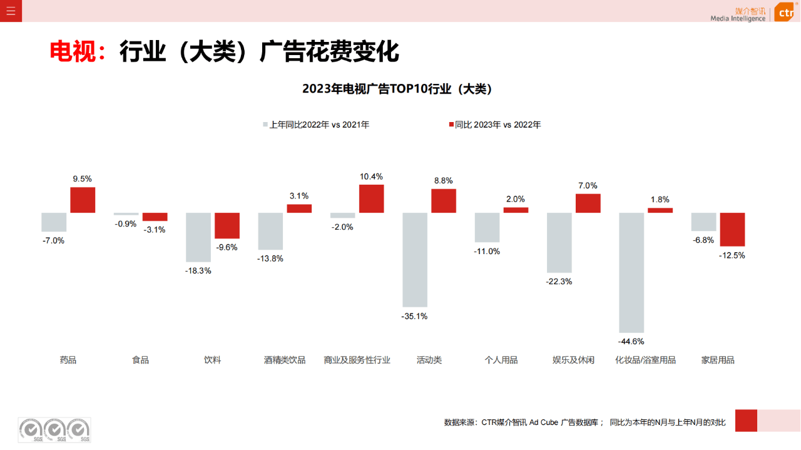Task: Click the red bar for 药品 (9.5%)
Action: pos(83,200)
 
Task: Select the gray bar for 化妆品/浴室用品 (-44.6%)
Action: pos(631,272)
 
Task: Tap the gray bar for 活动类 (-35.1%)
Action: pos(415,260)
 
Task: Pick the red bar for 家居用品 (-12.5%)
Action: pos(732,230)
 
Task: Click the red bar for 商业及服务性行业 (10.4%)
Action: pos(371,198)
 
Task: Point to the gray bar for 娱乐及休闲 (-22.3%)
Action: pos(559,243)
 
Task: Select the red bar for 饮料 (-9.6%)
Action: pos(227,225)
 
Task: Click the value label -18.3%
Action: pos(198,271)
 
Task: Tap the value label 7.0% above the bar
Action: pos(588,186)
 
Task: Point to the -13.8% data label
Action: pos(270,258)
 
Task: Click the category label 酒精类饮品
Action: pos(285,360)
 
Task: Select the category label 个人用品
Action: pos(501,360)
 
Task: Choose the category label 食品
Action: pos(140,360)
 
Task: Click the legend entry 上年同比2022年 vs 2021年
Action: pos(316,125)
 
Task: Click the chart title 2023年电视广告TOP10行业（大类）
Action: pos(397,89)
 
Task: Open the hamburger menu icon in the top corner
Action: pos(11,11)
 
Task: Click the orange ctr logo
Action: pos(785,12)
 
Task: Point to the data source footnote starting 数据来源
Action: pos(584,422)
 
